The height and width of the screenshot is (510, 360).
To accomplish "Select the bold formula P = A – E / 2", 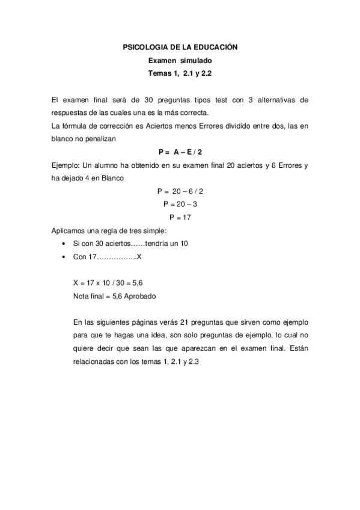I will [x=180, y=152].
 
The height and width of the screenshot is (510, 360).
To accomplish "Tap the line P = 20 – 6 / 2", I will [x=180, y=191].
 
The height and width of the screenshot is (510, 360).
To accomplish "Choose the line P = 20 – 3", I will [x=180, y=204].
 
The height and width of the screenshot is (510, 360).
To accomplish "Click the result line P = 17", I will [x=180, y=218].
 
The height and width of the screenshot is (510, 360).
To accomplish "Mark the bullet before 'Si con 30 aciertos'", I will [x=64, y=244].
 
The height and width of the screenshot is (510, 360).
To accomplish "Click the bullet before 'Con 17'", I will [x=64, y=257].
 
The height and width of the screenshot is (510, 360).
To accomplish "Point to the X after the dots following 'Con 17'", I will [x=139, y=257].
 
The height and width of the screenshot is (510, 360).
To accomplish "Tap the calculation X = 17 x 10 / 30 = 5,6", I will [x=108, y=283].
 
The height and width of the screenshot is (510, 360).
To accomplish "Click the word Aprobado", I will [x=141, y=296].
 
